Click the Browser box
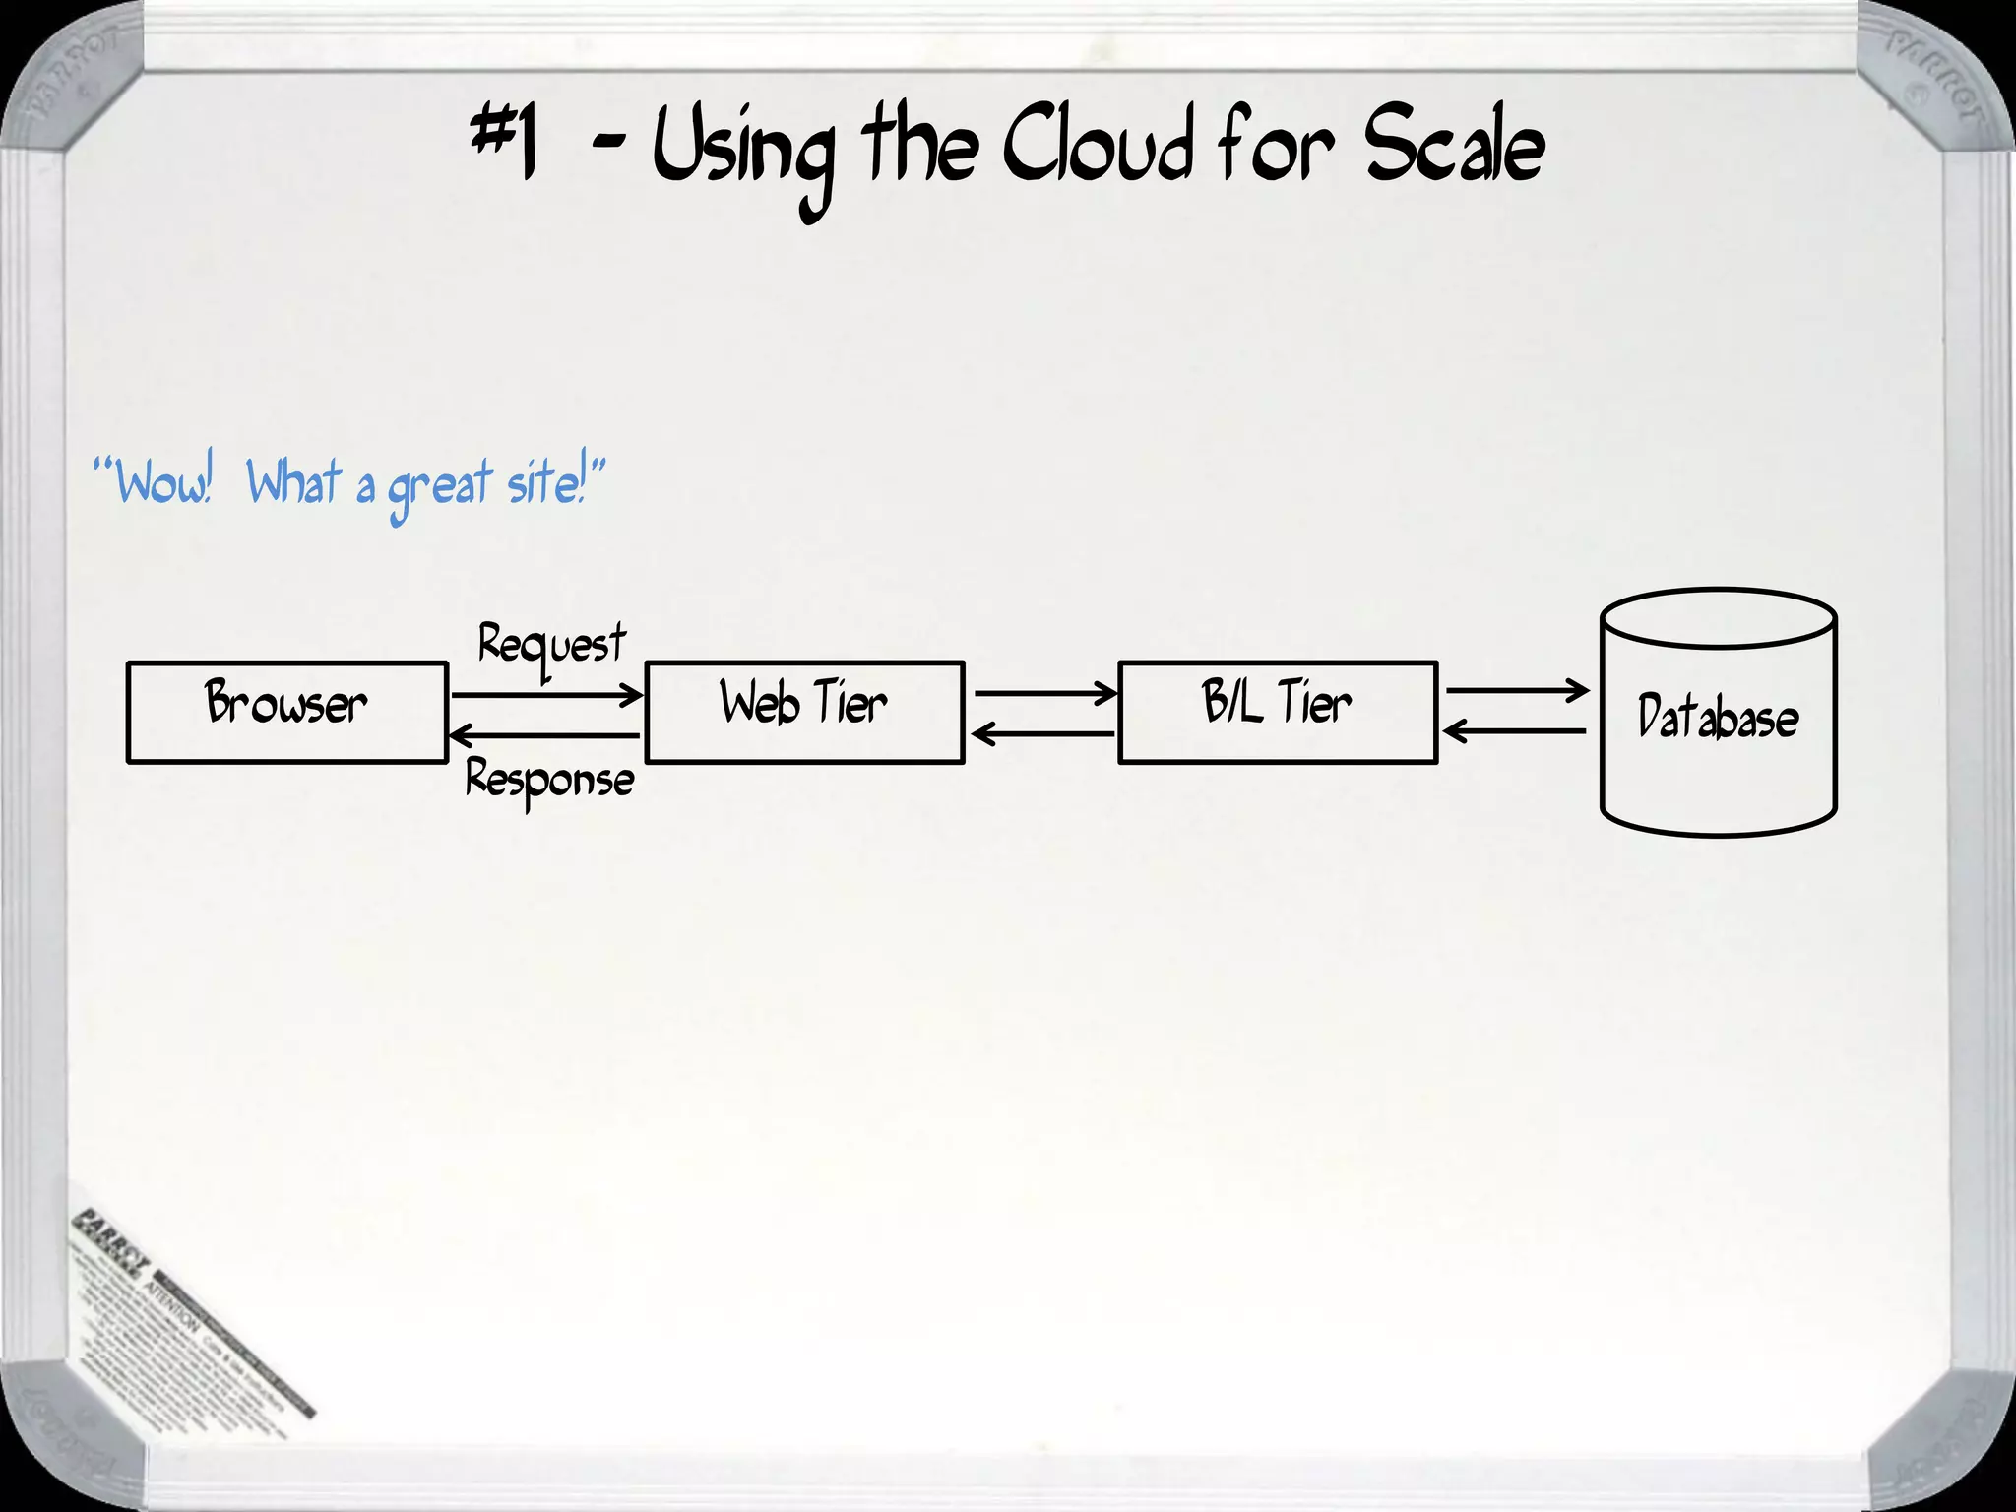tap(287, 712)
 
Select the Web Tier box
tap(804, 712)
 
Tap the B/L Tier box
tap(1278, 712)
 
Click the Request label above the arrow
tap(551, 646)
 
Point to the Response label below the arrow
tap(549, 781)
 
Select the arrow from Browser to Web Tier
tap(546, 695)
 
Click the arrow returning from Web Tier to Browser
tap(544, 735)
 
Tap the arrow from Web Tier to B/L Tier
tap(1044, 694)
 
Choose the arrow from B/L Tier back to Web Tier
tap(1042, 733)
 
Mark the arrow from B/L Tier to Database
tap(1517, 691)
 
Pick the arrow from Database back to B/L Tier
tap(1515, 731)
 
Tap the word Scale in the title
tap(1454, 148)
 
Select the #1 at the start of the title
tap(504, 146)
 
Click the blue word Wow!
tap(163, 481)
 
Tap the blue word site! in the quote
tap(547, 481)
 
